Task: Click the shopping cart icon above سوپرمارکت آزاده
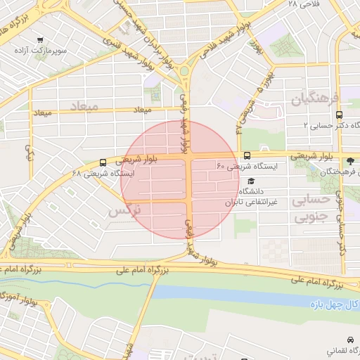pyautogui.click(x=41, y=40)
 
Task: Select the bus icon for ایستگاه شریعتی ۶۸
pyautogui.click(x=104, y=162)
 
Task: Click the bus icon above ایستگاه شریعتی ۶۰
pyautogui.click(x=247, y=155)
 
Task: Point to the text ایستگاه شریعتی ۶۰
pyautogui.click(x=247, y=167)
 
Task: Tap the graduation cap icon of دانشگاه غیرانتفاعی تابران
pyautogui.click(x=251, y=181)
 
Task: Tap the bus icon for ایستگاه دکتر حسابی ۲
pyautogui.click(x=340, y=114)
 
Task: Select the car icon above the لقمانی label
pyautogui.click(x=350, y=338)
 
